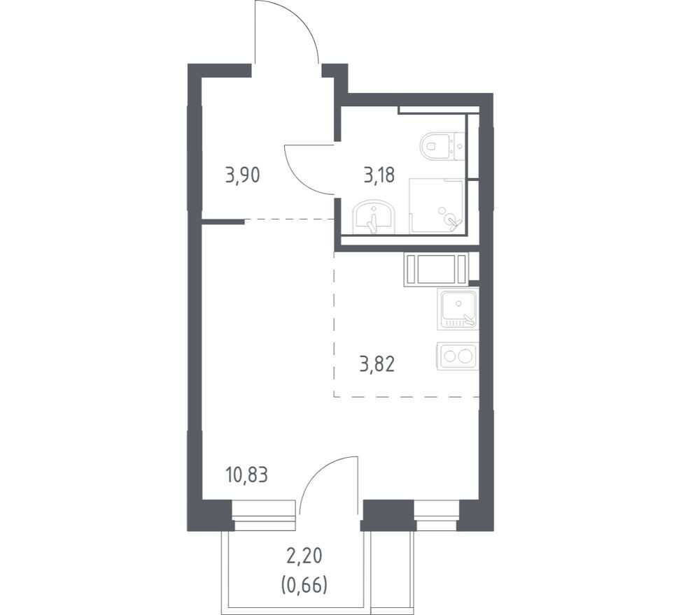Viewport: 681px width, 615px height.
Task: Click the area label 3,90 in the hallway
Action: [242, 175]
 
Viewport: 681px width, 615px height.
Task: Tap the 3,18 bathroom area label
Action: [379, 175]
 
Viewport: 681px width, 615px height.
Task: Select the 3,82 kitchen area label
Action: [377, 364]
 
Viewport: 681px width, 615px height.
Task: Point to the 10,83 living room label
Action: [246, 475]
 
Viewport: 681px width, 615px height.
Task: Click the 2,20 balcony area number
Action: [304, 556]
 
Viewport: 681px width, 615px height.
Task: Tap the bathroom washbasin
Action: [374, 217]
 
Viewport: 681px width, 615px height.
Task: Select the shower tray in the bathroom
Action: [437, 205]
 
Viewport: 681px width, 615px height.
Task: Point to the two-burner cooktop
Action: [458, 356]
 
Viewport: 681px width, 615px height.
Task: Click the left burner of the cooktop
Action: [449, 356]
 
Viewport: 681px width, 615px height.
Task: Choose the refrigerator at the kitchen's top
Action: [437, 270]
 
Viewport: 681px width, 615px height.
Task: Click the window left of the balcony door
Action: [264, 516]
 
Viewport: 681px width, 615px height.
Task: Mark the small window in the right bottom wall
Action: [437, 516]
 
